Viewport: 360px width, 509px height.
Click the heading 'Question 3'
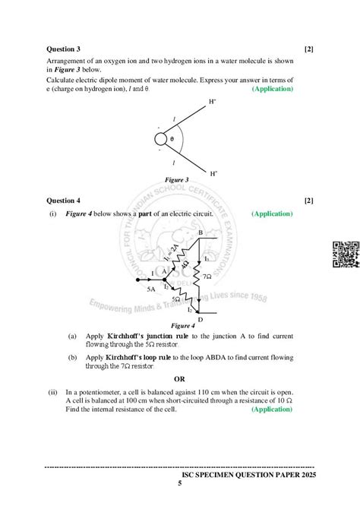coord(64,49)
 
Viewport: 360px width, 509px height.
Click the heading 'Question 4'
coord(64,201)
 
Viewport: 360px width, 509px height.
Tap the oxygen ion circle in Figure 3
coord(161,140)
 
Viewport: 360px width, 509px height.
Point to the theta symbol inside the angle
coord(172,140)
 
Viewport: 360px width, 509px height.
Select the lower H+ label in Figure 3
coord(213,174)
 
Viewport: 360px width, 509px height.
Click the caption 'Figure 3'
coord(177,180)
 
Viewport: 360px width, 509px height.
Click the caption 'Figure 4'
coord(182,325)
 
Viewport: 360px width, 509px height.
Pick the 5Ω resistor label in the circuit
coord(176,299)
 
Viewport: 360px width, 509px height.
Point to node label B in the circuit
coord(200,232)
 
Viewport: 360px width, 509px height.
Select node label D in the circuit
coord(200,319)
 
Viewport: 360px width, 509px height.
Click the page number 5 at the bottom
coord(180,484)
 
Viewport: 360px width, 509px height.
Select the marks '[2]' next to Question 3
coord(309,49)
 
